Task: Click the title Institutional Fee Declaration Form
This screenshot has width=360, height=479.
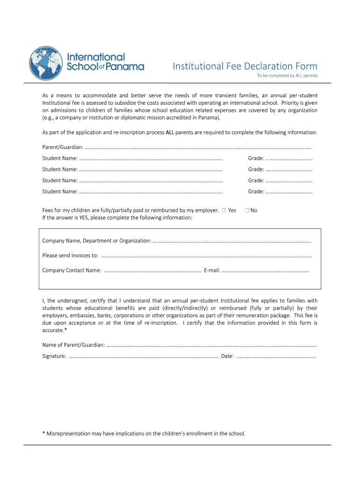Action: (x=245, y=66)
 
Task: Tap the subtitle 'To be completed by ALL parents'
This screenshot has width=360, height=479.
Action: (x=287, y=76)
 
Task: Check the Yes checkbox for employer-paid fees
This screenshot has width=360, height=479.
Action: (x=224, y=210)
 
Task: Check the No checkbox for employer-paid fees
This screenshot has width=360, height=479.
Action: (x=247, y=210)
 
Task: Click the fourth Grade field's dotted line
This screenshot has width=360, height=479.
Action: (x=289, y=191)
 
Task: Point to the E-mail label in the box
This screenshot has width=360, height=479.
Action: (x=212, y=270)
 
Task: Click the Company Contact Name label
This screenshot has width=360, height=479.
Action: (x=72, y=270)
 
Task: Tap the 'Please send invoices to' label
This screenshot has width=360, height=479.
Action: (x=70, y=255)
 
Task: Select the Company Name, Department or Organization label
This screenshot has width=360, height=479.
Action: (x=96, y=241)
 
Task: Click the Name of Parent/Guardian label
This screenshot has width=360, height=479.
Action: (x=73, y=345)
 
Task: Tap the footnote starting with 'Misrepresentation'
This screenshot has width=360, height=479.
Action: (x=145, y=434)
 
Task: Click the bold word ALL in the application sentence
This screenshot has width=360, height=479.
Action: (x=171, y=132)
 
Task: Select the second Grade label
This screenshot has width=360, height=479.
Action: (x=256, y=169)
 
